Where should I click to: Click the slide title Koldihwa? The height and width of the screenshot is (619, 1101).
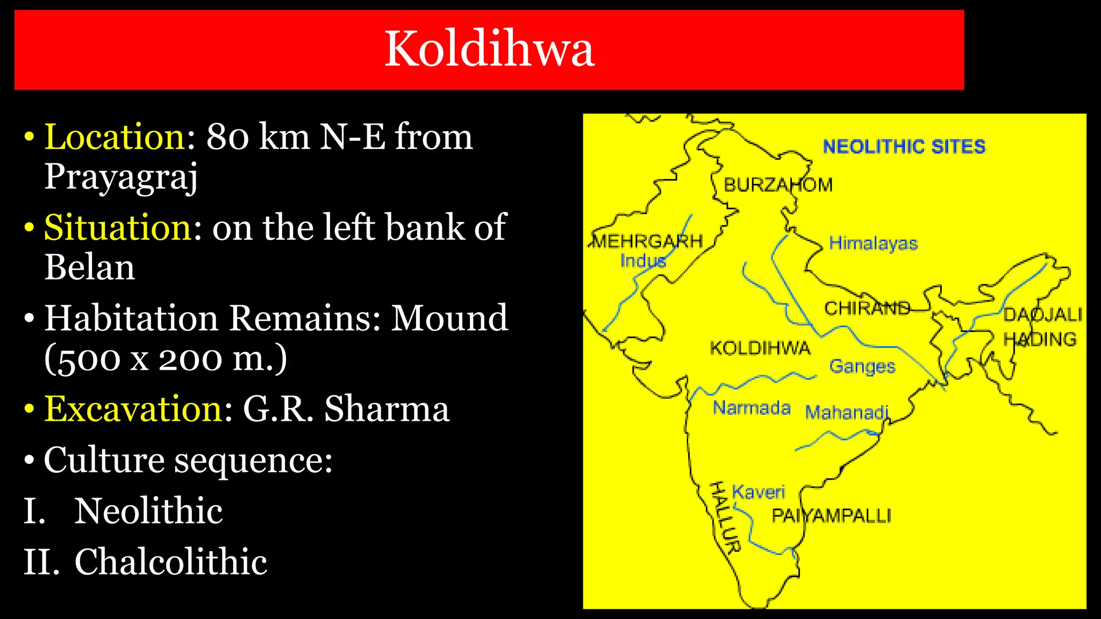pos(489,49)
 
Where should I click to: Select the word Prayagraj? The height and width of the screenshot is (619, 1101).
pos(121,176)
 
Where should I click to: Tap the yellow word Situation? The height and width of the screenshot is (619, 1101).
pos(117,227)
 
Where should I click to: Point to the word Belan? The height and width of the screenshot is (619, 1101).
pos(89,267)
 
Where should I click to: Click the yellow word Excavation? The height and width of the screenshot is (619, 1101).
pos(133,409)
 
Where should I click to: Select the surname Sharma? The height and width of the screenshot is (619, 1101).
pos(387,409)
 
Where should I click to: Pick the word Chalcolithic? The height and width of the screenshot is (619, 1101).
pos(170,562)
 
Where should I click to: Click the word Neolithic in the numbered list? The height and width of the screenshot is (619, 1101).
pos(148,510)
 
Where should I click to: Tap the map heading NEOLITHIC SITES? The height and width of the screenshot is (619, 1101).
pos(904,147)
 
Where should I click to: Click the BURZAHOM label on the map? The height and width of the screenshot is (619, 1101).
pos(778,185)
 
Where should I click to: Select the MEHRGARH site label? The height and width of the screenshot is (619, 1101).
pos(648,241)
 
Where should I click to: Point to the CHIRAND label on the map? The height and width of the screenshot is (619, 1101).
pos(867,308)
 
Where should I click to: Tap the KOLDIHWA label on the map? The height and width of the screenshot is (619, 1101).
pos(760,348)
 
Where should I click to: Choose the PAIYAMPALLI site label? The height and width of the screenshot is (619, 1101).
pos(831,516)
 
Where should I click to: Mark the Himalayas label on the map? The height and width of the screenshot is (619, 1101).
pos(873,243)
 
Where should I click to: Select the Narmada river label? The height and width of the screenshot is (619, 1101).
pos(752,408)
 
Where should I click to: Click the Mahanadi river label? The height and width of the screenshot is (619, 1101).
pos(847,413)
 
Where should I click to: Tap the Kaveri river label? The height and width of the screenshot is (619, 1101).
pos(758,492)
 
